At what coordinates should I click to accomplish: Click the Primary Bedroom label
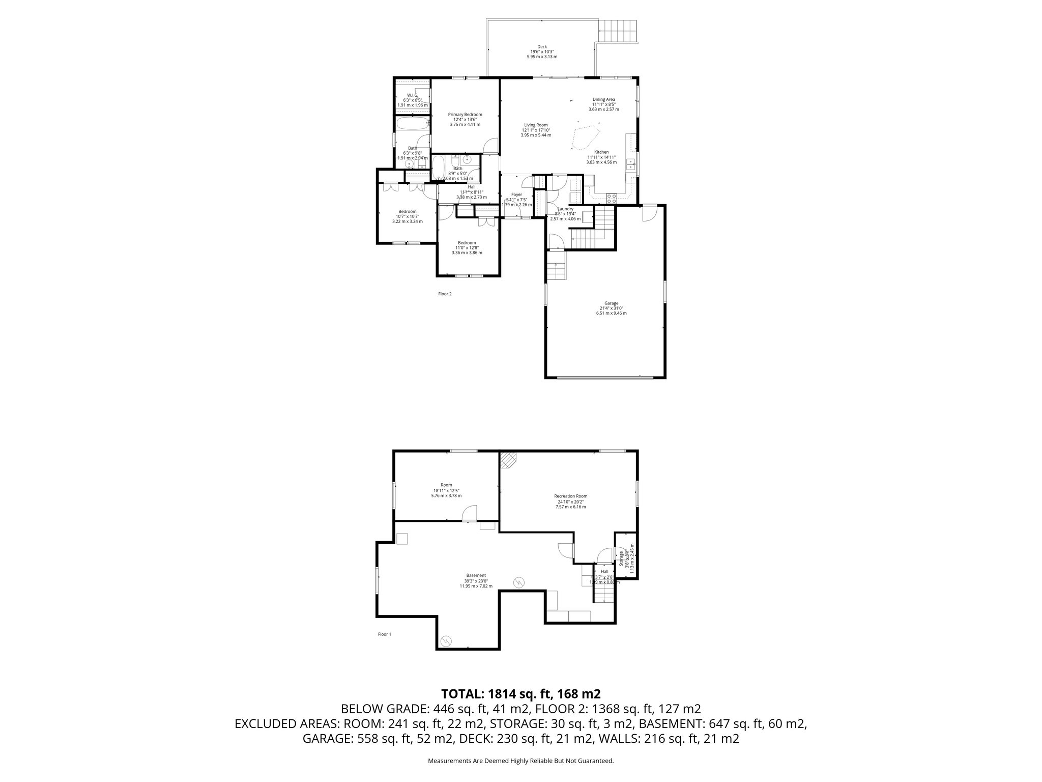(x=465, y=115)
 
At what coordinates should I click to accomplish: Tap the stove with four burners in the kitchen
(x=612, y=199)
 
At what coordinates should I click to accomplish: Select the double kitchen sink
(x=631, y=164)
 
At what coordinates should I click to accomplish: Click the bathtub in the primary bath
(x=413, y=123)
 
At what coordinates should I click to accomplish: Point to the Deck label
(x=542, y=47)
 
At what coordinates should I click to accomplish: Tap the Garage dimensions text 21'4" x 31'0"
(x=611, y=308)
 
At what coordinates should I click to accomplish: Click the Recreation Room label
(x=570, y=496)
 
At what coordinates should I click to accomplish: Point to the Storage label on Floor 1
(x=621, y=558)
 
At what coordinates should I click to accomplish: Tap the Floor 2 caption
(x=445, y=294)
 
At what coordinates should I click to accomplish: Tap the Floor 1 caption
(x=384, y=634)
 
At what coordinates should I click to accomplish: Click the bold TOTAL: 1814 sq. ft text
(x=521, y=693)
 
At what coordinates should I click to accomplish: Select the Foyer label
(x=516, y=194)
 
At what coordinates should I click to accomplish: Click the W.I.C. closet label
(x=412, y=95)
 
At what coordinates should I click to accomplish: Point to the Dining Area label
(x=603, y=99)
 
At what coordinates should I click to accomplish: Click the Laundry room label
(x=565, y=209)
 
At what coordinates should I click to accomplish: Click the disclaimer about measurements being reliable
(x=521, y=775)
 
